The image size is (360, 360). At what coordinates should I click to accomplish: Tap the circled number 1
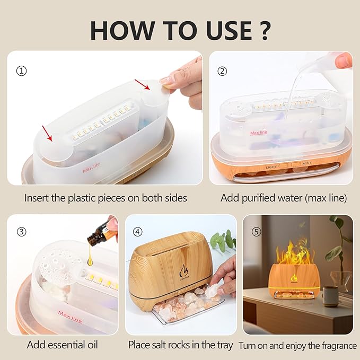(x=21, y=71)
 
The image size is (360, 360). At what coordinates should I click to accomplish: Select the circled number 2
(x=223, y=71)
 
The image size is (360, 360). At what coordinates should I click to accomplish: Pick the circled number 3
(x=21, y=232)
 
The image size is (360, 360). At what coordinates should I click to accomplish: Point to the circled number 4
(x=138, y=232)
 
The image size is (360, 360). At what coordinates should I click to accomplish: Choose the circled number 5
(x=256, y=232)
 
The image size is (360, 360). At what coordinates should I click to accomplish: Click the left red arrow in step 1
(x=48, y=136)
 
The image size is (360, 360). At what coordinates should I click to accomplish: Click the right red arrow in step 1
(x=142, y=84)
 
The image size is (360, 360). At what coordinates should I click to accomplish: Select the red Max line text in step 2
(x=259, y=133)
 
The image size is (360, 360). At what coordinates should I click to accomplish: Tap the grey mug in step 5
(x=330, y=296)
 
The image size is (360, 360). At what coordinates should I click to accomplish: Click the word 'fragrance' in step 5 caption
(x=335, y=345)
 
